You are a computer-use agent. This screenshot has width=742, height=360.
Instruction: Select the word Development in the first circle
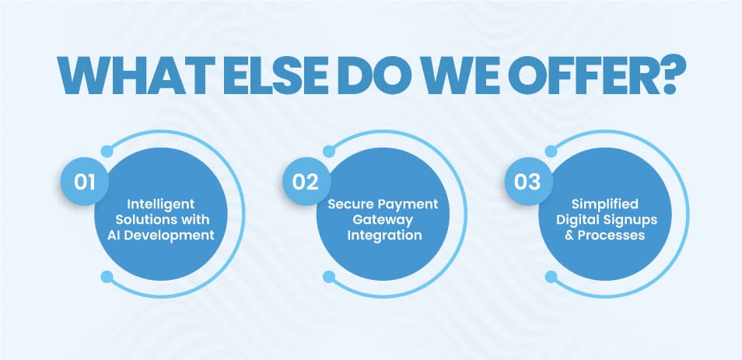tap(176, 234)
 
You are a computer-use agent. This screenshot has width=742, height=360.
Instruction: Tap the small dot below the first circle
tap(107, 276)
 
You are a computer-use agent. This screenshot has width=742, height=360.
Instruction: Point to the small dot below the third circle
tap(551, 276)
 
